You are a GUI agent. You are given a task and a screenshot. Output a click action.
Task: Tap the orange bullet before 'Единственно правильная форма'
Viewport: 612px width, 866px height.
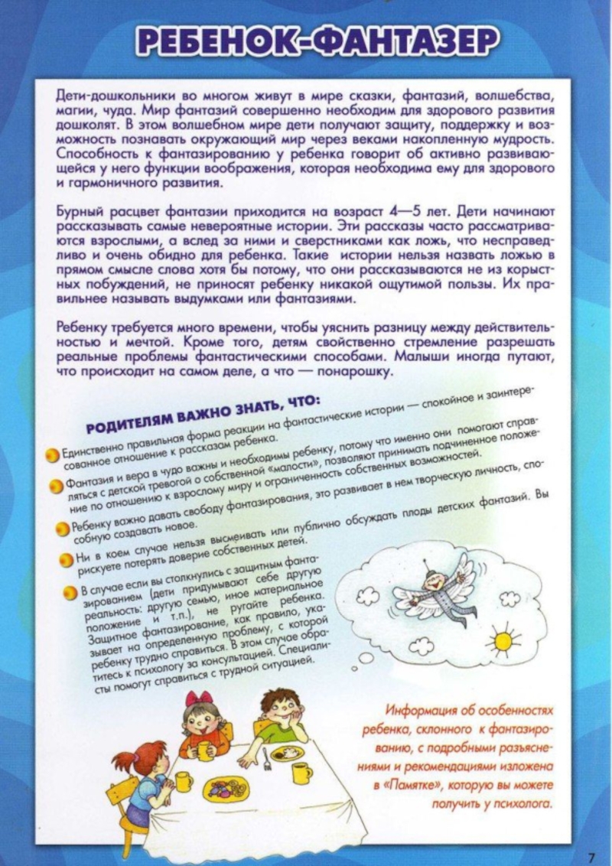click(x=50, y=456)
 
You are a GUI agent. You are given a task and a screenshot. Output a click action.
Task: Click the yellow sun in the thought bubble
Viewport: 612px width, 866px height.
click(x=503, y=636)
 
